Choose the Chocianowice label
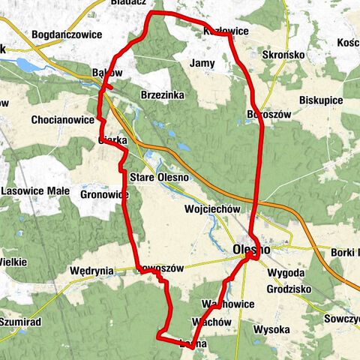point(62,119)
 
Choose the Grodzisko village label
point(287,289)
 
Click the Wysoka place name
point(271,329)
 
